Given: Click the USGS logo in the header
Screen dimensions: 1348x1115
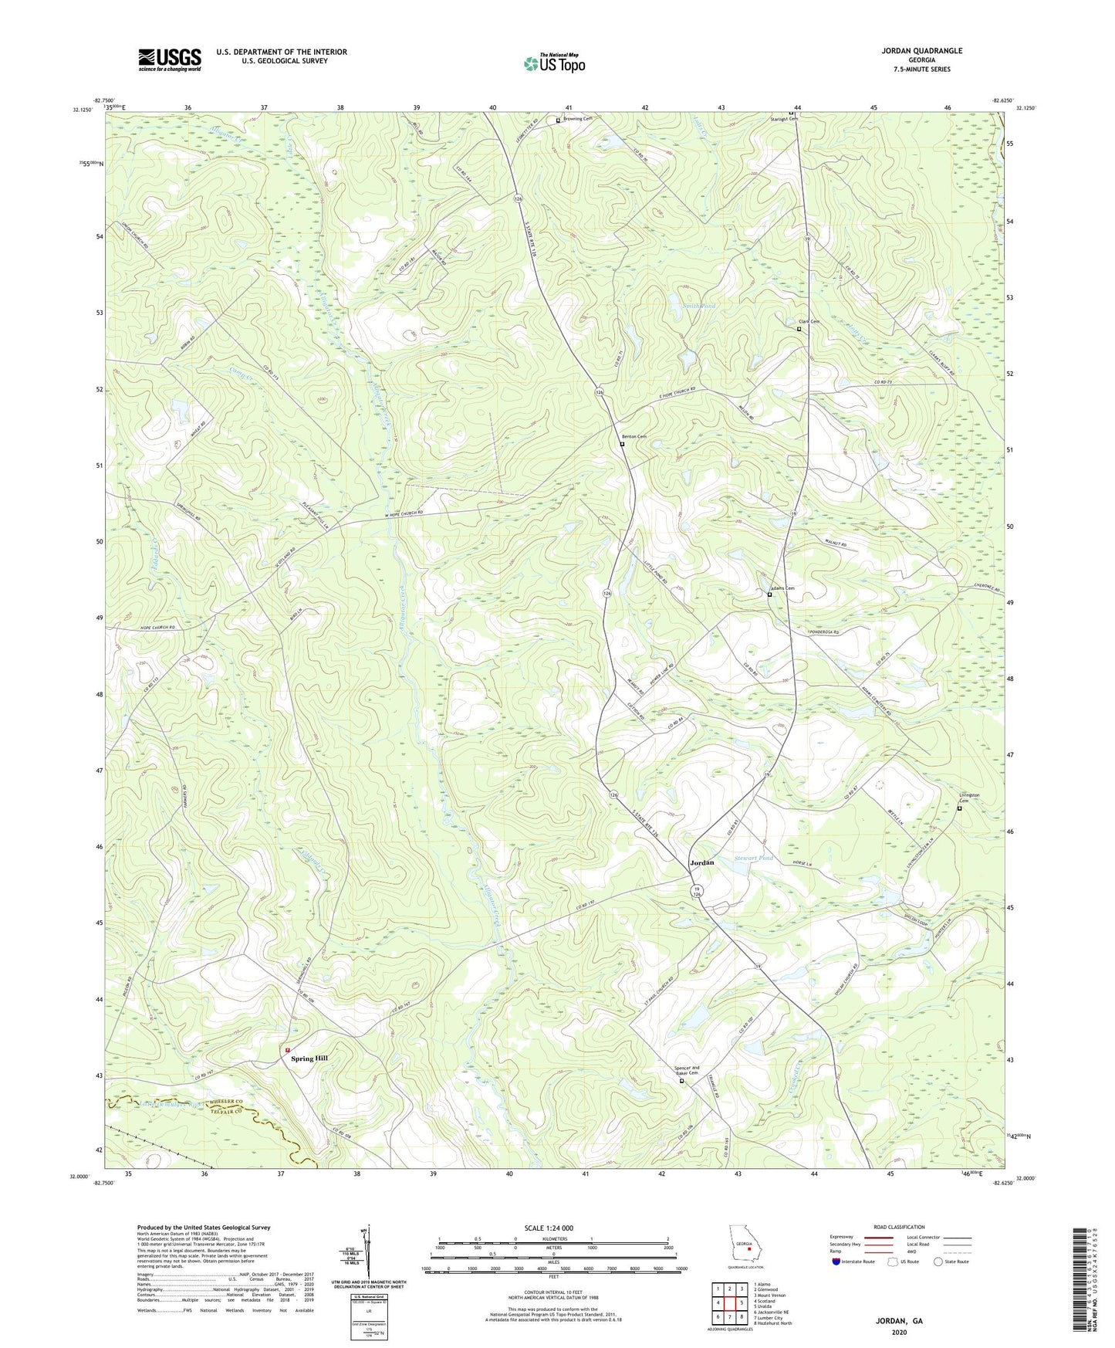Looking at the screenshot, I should pyautogui.click(x=170, y=59).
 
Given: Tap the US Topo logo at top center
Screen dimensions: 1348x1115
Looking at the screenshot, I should pyautogui.click(x=553, y=63).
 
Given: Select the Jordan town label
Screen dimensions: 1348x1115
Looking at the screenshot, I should pyautogui.click(x=701, y=862).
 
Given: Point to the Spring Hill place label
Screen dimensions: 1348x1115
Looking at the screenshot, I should pyautogui.click(x=313, y=1058).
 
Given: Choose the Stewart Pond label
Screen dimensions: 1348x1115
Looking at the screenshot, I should pyautogui.click(x=753, y=858).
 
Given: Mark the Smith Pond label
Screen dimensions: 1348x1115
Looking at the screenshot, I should pyautogui.click(x=698, y=307).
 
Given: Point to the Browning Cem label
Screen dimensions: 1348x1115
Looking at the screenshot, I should pyautogui.click(x=577, y=119).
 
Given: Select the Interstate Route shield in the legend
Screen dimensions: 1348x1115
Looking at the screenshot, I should pyautogui.click(x=836, y=1262).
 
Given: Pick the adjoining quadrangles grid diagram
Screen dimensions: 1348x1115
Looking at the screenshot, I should pyautogui.click(x=729, y=1302).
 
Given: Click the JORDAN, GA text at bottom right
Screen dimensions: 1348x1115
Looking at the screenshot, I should pyautogui.click(x=898, y=1321).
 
